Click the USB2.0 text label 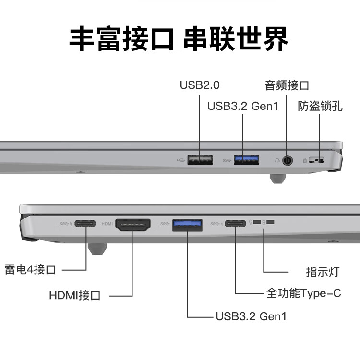(199, 85)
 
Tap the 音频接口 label (287, 85)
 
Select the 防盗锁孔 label (320, 106)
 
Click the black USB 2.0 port (200, 159)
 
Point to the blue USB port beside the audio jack (246, 159)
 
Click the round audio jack (287, 160)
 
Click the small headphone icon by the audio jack (277, 160)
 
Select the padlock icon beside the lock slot (305, 160)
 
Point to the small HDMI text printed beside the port (107, 224)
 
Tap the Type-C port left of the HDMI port (85, 224)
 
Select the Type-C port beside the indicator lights (235, 224)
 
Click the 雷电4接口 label (30, 269)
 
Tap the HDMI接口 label (75, 295)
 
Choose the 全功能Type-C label (303, 292)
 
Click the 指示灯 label (323, 271)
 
